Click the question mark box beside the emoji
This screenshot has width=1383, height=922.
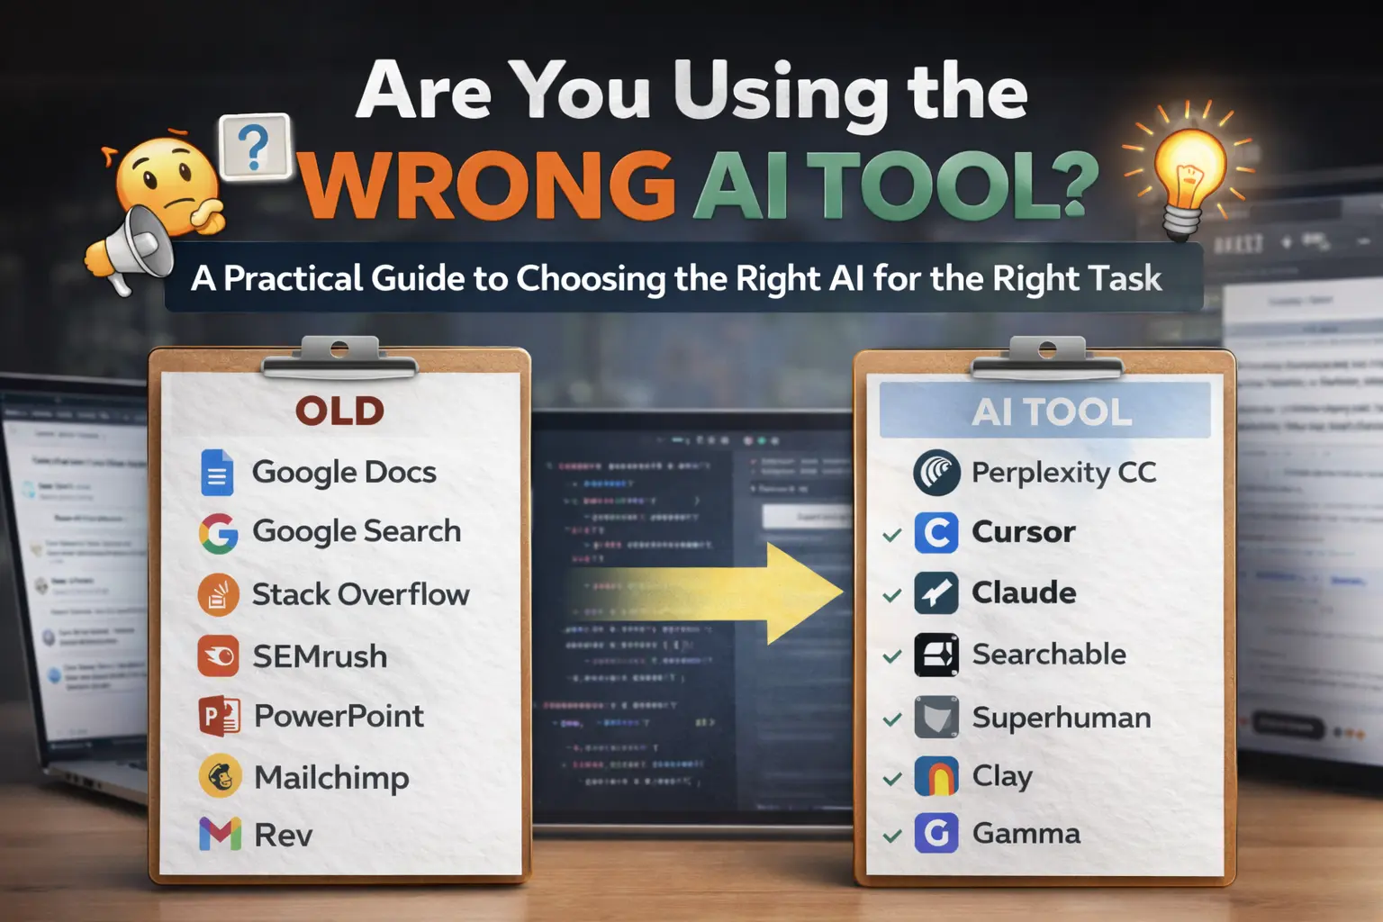(x=256, y=147)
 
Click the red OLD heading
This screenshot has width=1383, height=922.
(x=340, y=411)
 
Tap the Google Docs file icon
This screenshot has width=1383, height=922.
(x=217, y=473)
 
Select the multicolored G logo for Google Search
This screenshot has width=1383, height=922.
(x=219, y=533)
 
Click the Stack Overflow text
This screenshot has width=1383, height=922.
(x=360, y=594)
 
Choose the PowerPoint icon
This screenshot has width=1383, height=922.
(x=219, y=717)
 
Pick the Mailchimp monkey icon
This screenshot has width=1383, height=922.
(x=220, y=776)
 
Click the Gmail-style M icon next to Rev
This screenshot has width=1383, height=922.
(x=220, y=835)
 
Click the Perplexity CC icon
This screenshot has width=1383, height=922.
(x=936, y=473)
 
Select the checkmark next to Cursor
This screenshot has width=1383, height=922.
(x=892, y=535)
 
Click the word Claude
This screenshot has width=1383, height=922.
(x=1024, y=592)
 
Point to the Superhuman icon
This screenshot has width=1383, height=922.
(x=936, y=718)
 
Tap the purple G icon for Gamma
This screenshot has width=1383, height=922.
(x=936, y=833)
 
